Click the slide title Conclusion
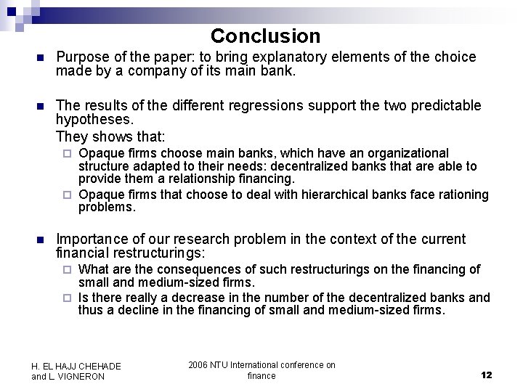click(265, 36)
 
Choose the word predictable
click(439, 106)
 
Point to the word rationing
click(461, 195)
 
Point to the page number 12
click(486, 375)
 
